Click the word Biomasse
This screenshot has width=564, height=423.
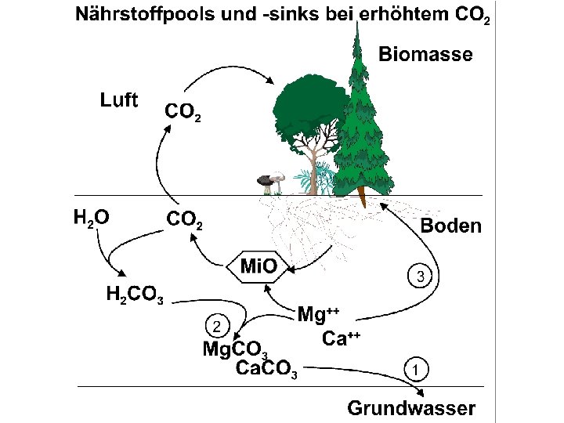(x=425, y=54)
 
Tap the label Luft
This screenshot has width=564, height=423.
(x=119, y=99)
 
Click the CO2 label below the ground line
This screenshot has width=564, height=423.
(x=185, y=220)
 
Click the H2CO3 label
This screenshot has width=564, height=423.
(x=134, y=295)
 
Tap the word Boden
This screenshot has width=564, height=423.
(x=450, y=226)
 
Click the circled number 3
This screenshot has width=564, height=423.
(x=421, y=277)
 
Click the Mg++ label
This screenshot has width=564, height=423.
(x=318, y=316)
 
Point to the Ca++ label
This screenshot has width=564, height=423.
(x=341, y=338)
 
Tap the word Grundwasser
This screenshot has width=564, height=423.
(x=410, y=407)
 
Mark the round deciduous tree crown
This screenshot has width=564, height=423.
(x=305, y=109)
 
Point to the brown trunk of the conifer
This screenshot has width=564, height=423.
(x=361, y=196)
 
